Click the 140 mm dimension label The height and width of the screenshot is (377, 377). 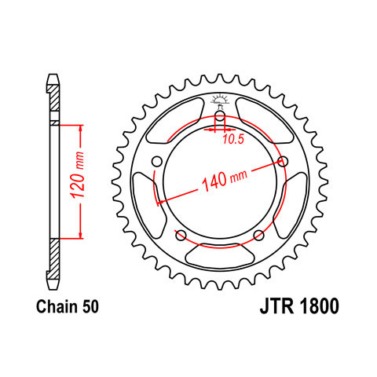[225, 180]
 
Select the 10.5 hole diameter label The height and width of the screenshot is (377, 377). [233, 139]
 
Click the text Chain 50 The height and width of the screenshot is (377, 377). [68, 306]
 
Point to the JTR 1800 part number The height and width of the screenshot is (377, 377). [299, 306]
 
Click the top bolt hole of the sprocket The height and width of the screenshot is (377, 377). [220, 116]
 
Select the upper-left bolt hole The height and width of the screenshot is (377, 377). [157, 161]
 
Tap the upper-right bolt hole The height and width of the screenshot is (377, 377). [283, 162]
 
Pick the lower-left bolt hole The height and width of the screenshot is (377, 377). [181, 235]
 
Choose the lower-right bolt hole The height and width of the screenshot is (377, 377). [258, 235]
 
